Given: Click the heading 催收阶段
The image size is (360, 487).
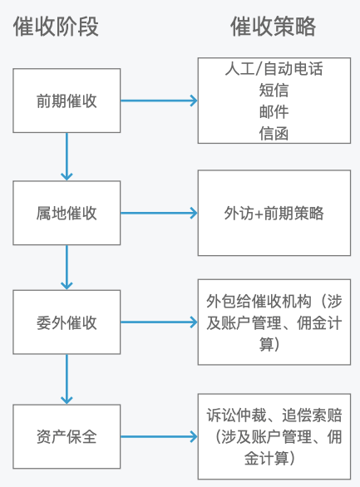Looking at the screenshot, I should pyautogui.click(x=56, y=27).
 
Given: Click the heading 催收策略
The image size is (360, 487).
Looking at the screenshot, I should pyautogui.click(x=273, y=27).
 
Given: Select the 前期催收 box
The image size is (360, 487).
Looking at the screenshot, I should pyautogui.click(x=67, y=101).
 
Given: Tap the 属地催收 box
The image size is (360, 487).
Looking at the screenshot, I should pyautogui.click(x=67, y=214).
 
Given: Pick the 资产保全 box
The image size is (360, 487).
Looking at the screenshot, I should pyautogui.click(x=67, y=435).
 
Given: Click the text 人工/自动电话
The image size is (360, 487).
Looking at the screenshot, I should pyautogui.click(x=274, y=69).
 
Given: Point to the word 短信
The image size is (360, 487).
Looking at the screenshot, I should pyautogui.click(x=274, y=91).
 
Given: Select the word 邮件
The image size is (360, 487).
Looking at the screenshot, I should pyautogui.click(x=274, y=112).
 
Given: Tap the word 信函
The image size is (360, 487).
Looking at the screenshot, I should pyautogui.click(x=274, y=133).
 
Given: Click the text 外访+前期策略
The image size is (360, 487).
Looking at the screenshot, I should pyautogui.click(x=274, y=214).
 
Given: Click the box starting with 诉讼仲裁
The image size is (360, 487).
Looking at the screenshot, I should pyautogui.click(x=274, y=435).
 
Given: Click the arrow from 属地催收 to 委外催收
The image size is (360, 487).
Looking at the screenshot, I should pyautogui.click(x=67, y=267).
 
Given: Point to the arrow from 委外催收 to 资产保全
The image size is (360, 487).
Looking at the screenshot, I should pyautogui.click(x=67, y=378).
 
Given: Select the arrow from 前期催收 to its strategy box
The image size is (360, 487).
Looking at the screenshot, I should pyautogui.click(x=159, y=101).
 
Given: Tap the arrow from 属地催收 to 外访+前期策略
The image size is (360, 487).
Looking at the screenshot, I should pyautogui.click(x=159, y=214).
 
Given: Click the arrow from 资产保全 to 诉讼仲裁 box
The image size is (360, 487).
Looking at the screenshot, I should pyautogui.click(x=159, y=435).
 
